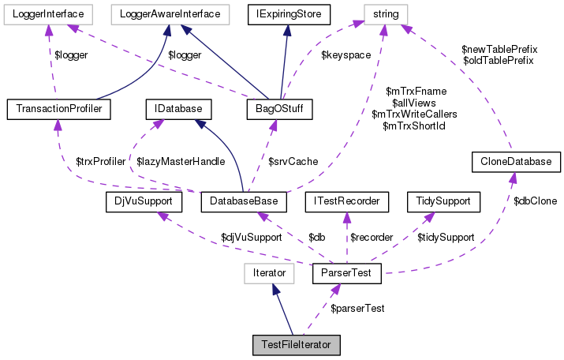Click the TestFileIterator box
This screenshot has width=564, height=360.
point(296,345)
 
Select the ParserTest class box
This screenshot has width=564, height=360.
point(347,274)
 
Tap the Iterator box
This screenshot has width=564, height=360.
point(268,274)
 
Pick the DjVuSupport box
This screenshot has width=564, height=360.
point(143,202)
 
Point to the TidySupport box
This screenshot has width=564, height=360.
point(443,202)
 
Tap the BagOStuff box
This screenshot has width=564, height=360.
point(281,107)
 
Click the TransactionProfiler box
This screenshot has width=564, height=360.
point(58,107)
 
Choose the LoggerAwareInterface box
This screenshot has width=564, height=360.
point(170,13)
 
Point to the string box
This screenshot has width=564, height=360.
point(386,13)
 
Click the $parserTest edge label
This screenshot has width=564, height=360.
point(357,307)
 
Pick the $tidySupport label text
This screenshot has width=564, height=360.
point(445,237)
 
